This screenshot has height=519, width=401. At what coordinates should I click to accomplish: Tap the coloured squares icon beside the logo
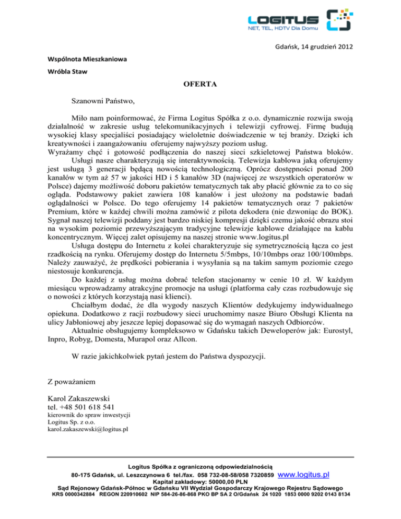click(x=337, y=20)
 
